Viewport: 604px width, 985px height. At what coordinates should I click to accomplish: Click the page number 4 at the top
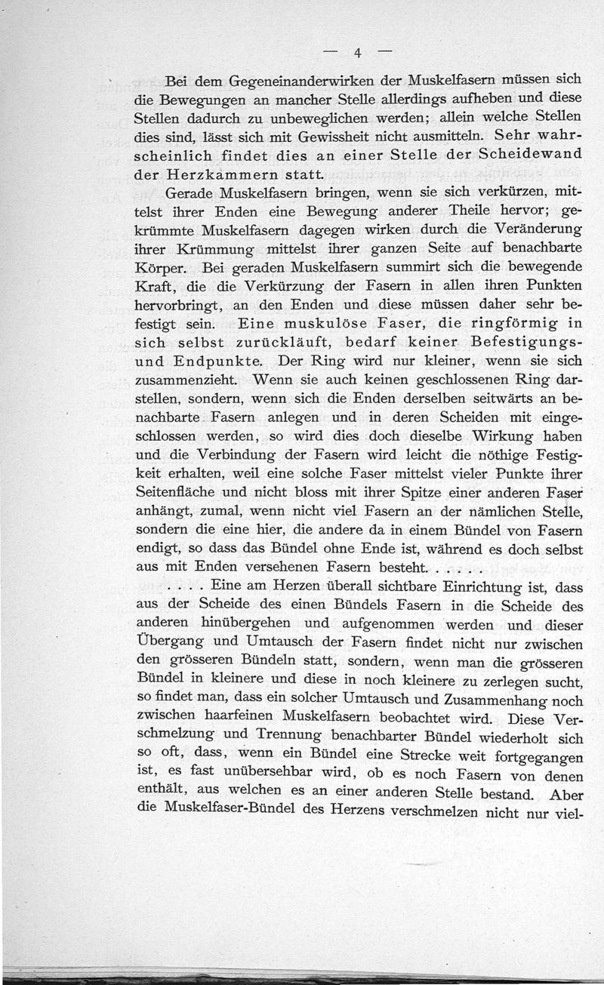359,53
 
